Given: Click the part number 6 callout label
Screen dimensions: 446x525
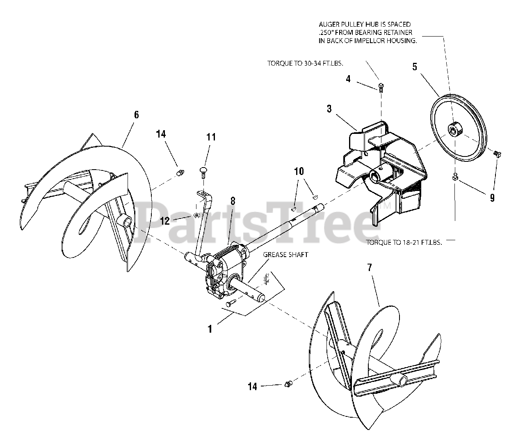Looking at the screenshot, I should (x=136, y=115).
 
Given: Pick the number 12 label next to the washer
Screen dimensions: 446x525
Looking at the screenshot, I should (x=165, y=221).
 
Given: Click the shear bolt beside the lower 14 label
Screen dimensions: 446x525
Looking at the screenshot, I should (x=288, y=384).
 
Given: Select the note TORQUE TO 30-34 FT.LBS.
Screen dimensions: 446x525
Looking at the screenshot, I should (x=305, y=64).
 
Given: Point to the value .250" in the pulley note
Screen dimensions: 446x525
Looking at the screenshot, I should (x=326, y=32).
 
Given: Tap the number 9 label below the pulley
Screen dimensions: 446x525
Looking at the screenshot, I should (x=492, y=198).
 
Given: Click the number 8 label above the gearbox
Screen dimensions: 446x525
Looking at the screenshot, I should (x=233, y=201).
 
